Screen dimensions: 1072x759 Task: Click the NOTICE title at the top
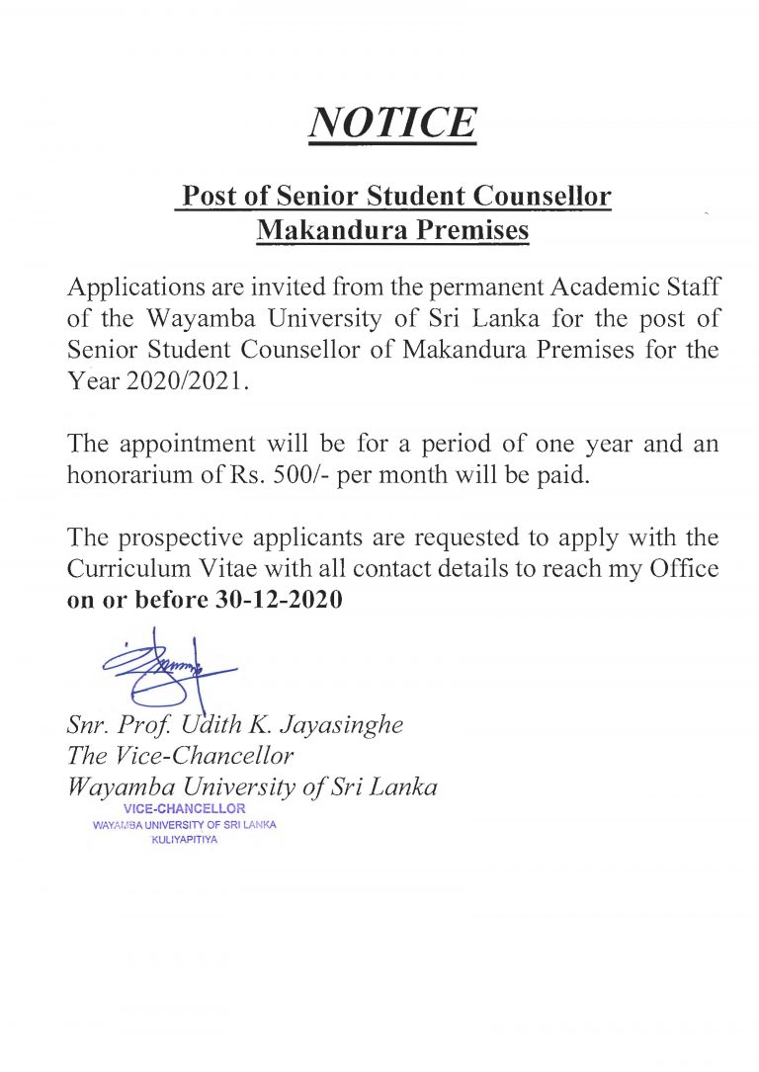[392, 123]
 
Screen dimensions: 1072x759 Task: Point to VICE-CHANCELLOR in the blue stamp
[184, 810]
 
